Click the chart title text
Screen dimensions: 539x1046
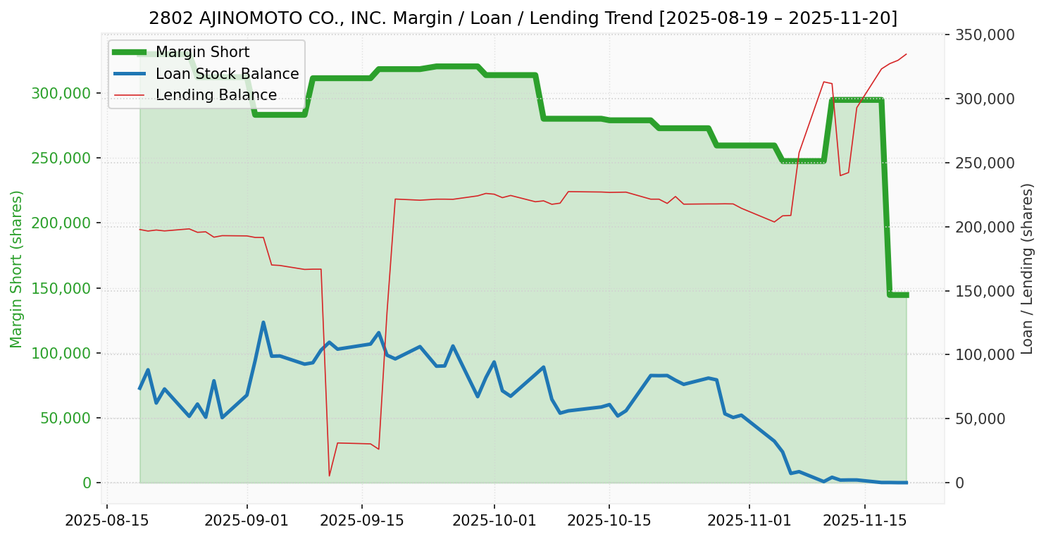[523, 18]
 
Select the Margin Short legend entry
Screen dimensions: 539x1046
[202, 52]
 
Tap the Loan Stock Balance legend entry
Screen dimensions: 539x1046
[227, 74]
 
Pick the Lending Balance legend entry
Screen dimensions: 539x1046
[216, 95]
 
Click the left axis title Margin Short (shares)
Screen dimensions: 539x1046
[16, 268]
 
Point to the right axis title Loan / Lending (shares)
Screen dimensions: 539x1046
[1027, 268]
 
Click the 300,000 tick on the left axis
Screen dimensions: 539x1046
[62, 94]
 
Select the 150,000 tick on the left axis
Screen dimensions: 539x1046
[62, 288]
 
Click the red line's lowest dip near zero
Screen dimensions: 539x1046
[329, 476]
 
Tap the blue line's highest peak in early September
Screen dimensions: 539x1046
[263, 323]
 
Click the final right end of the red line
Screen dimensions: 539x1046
[906, 54]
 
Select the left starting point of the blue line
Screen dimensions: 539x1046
[139, 388]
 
